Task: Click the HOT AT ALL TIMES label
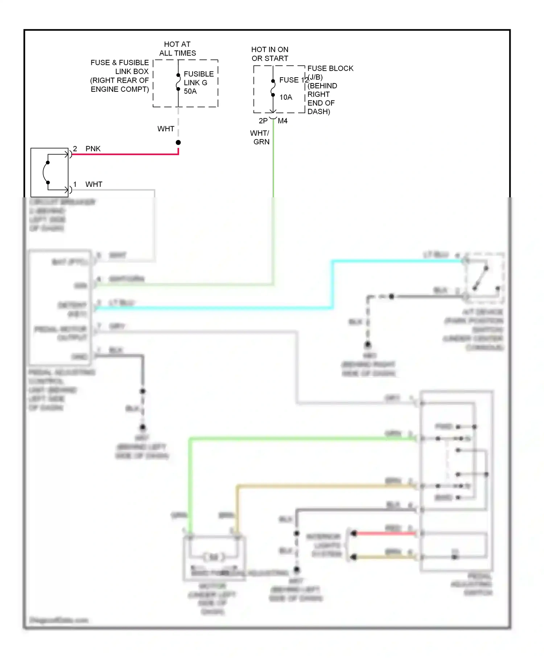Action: [177, 49]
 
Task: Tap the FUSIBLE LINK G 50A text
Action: [198, 83]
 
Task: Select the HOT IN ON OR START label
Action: [270, 54]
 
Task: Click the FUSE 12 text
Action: [293, 80]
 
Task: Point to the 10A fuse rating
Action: [285, 97]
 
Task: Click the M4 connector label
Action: [283, 121]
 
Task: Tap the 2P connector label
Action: [263, 121]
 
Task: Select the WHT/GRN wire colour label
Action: [260, 137]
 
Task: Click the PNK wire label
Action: [93, 149]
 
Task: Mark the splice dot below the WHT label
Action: [178, 143]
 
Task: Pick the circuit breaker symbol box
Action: [49, 172]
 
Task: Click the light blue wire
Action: [218, 308]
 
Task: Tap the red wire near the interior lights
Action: [384, 533]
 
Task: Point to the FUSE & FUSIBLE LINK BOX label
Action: [120, 76]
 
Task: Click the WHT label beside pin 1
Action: [94, 184]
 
